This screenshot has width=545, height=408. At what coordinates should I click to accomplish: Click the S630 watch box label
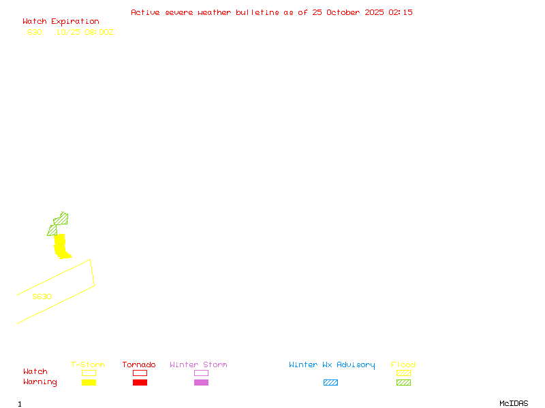[x=42, y=296]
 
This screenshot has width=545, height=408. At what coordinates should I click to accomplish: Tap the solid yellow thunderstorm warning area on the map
[x=61, y=246]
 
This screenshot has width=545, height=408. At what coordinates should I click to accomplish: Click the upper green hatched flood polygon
[x=61, y=219]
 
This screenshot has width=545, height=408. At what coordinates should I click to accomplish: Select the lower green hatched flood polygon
[x=52, y=231]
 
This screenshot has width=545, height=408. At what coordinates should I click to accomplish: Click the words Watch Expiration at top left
[x=61, y=22]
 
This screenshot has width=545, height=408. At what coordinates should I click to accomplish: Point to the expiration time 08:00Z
[x=99, y=32]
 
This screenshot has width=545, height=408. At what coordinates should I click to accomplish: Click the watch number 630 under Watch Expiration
[x=35, y=32]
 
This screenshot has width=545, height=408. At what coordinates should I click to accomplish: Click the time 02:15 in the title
[x=401, y=12]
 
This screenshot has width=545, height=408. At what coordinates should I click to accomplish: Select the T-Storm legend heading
[x=88, y=365]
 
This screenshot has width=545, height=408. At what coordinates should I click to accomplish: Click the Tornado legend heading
[x=139, y=365]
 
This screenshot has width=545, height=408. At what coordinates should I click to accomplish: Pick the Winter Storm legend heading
[x=198, y=365]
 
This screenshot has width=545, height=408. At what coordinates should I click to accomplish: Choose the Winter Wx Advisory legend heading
[x=332, y=365]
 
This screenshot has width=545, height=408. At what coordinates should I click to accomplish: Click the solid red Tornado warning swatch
[x=140, y=383]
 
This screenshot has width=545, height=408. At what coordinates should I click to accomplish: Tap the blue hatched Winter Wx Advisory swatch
[x=330, y=383]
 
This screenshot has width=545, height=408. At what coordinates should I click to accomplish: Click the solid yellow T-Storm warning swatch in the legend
[x=89, y=383]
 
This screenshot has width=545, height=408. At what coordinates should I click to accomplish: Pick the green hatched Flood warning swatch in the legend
[x=403, y=383]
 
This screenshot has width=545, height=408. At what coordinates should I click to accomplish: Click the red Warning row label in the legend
[x=40, y=382]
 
